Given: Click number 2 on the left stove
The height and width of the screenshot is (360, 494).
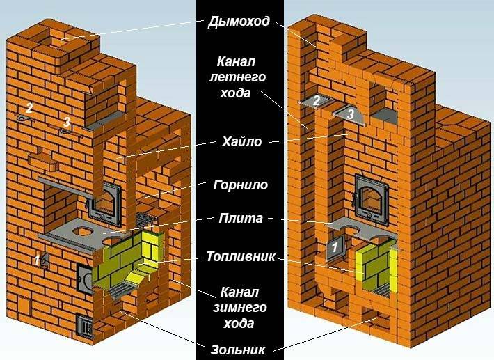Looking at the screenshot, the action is [x=29, y=108].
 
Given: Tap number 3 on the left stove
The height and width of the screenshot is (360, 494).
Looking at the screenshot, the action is [x=66, y=122].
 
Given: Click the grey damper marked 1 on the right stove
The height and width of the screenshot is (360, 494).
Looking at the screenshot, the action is [x=335, y=246].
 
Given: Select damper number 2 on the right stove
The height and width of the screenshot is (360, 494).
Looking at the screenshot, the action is [x=315, y=102].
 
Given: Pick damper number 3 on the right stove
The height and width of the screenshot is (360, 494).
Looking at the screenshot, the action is [x=351, y=114].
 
